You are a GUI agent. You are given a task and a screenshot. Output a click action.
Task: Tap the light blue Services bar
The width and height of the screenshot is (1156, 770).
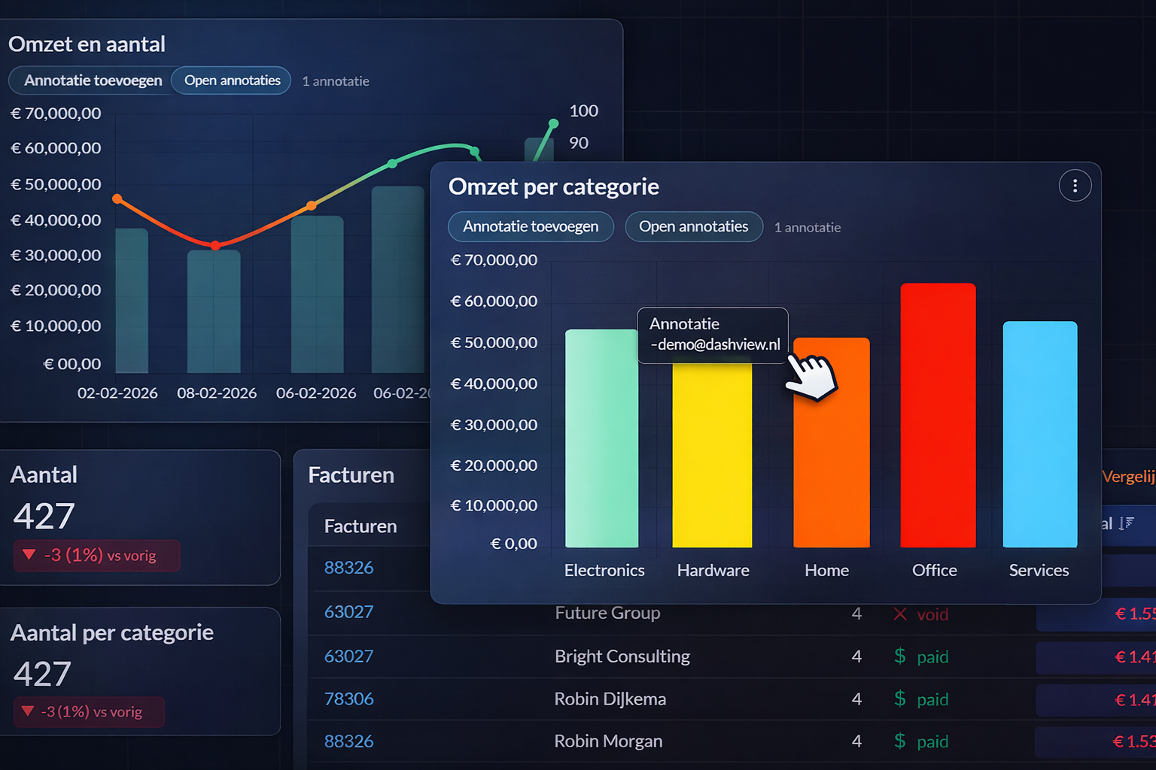tap(1040, 434)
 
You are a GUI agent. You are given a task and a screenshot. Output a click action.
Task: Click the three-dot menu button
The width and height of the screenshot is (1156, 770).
tap(1075, 186)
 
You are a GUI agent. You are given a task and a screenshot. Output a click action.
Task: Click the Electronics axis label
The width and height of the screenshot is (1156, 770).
tap(604, 570)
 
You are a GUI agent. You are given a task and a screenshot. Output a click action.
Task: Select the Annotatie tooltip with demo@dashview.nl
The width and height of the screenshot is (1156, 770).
tap(713, 335)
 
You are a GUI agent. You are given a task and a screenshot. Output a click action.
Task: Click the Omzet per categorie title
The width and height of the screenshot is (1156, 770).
tap(553, 186)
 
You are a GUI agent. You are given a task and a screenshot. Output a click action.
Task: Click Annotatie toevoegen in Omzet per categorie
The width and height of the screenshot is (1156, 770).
tap(531, 226)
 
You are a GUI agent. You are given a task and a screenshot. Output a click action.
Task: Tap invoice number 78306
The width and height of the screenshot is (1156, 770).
tap(348, 699)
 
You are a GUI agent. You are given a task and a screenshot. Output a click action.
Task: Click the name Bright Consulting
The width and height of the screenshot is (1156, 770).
tap(622, 656)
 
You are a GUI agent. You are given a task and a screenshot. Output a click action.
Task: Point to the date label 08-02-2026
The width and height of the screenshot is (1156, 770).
tap(217, 393)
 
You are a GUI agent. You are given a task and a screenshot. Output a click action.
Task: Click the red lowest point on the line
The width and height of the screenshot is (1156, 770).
tap(215, 245)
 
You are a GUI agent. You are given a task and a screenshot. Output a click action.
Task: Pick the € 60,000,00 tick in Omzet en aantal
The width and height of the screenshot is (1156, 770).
tap(56, 148)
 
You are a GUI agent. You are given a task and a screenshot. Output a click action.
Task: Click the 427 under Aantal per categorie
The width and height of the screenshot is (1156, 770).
tap(42, 674)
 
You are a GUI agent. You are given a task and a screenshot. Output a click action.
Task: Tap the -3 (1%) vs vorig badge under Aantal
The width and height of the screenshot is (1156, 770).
tap(96, 556)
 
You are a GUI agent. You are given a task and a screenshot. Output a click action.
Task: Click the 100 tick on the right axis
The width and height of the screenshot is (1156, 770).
tap(583, 111)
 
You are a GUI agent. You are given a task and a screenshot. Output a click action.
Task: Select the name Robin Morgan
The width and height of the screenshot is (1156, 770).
tap(608, 741)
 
